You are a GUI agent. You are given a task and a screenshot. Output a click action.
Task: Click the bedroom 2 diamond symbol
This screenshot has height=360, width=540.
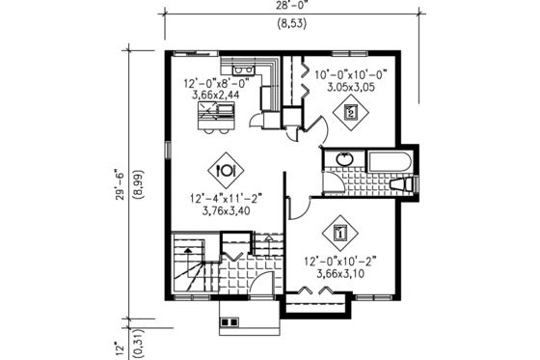click(x=351, y=113)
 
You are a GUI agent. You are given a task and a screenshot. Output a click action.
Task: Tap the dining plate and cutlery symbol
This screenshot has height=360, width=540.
click(x=225, y=170)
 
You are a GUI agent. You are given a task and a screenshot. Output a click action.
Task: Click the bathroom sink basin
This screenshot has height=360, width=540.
click(x=341, y=159)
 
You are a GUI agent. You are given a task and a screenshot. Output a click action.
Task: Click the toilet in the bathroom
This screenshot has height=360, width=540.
click(x=405, y=183)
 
